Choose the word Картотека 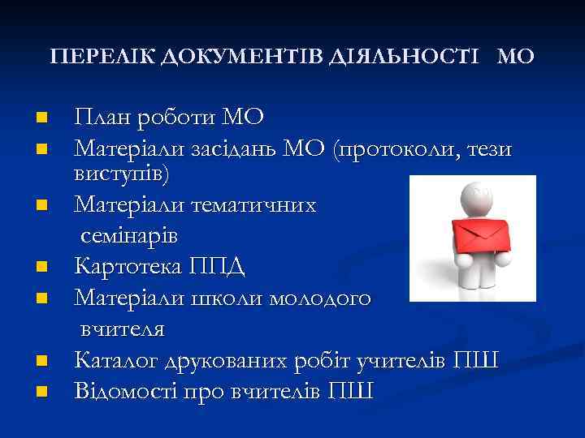[x=128, y=266]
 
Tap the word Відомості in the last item [x=123, y=391]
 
